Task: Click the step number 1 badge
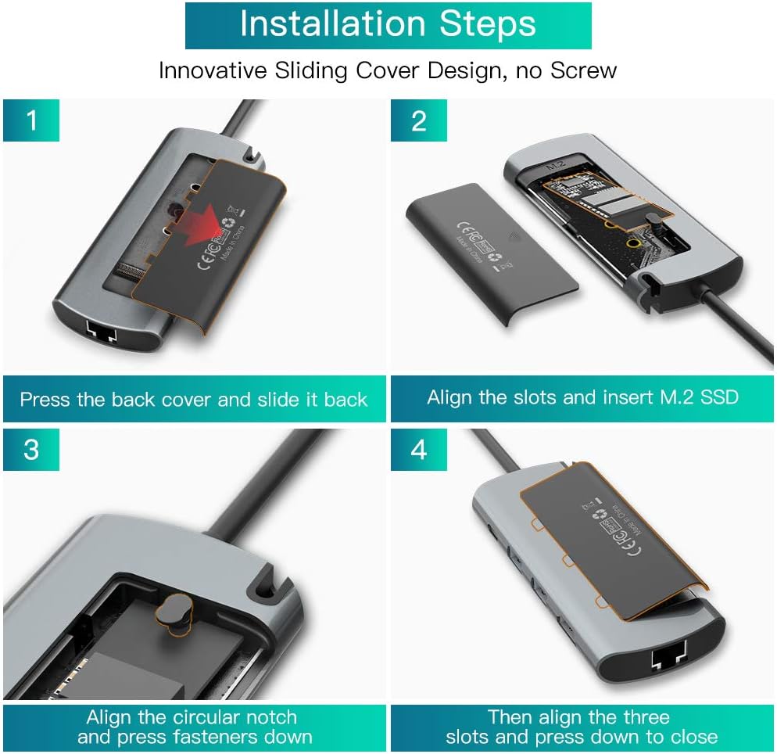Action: pos(31,120)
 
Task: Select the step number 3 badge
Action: pos(31,450)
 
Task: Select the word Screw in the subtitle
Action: pos(584,70)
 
